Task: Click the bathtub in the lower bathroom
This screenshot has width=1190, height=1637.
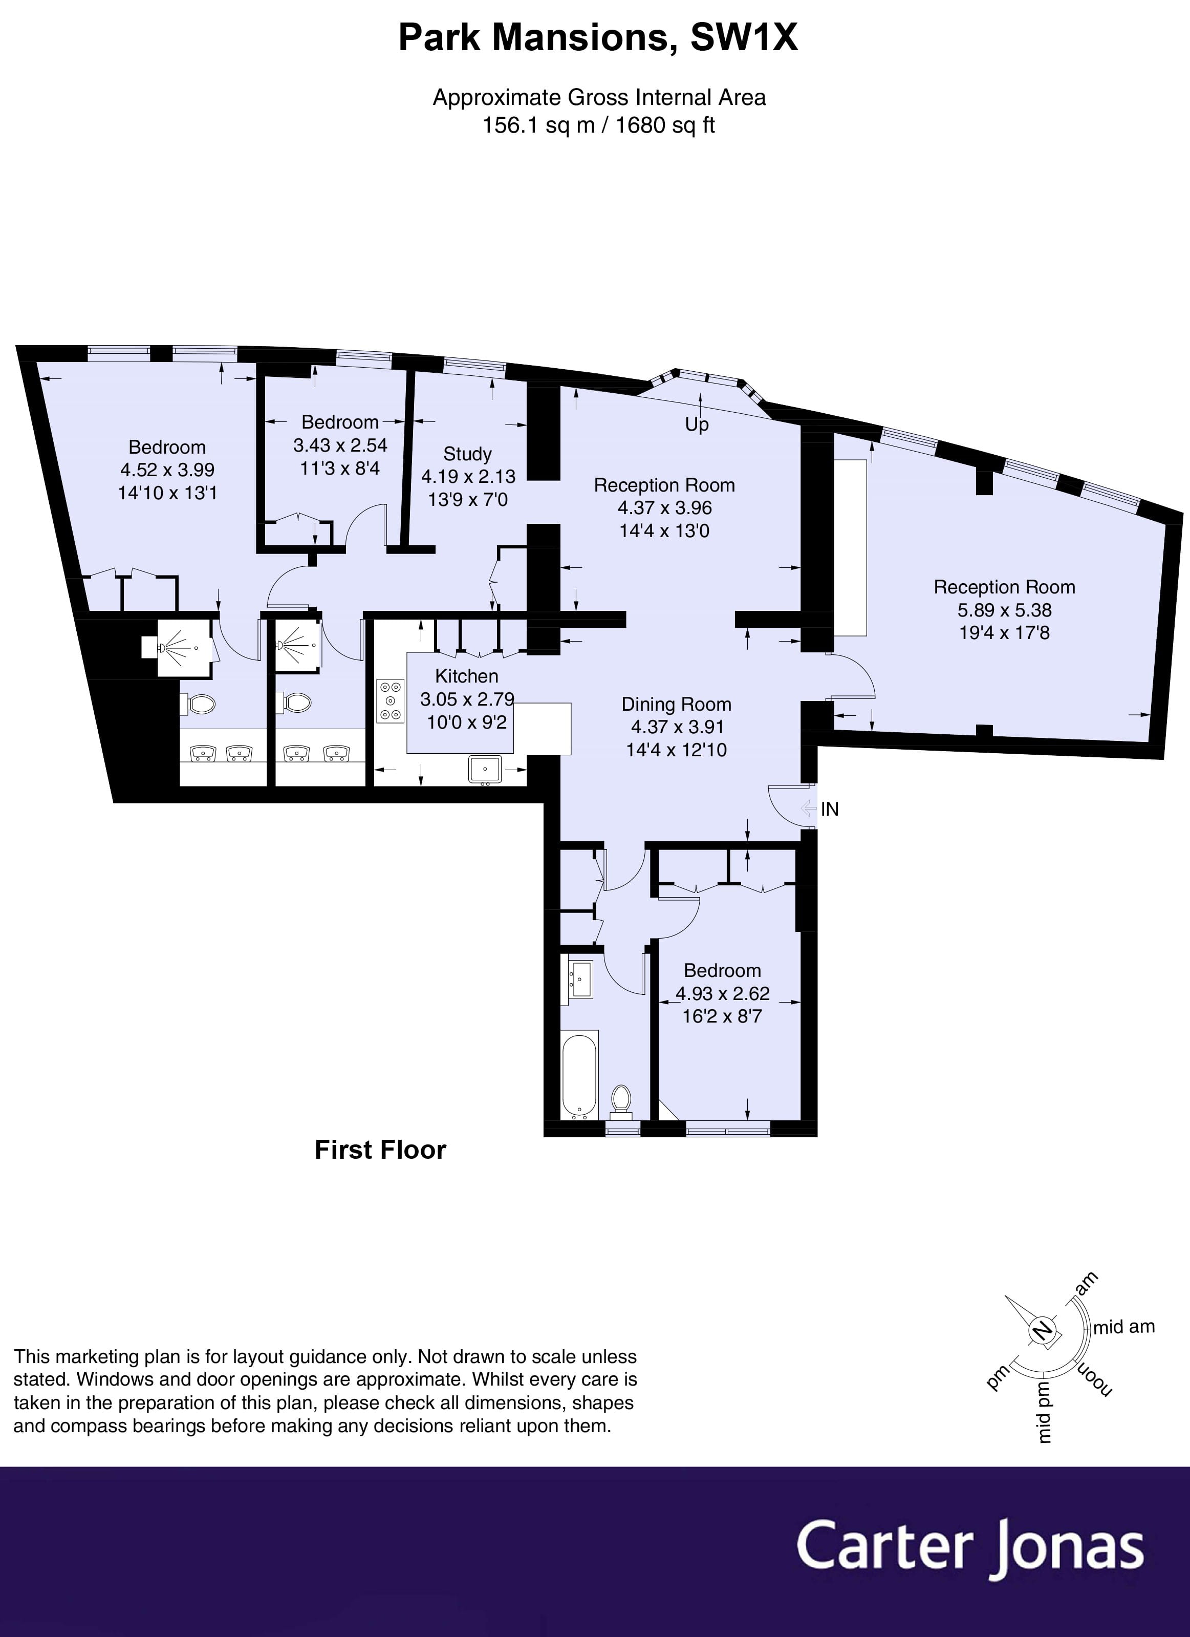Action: [x=579, y=1075]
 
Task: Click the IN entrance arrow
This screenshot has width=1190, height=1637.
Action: [x=810, y=809]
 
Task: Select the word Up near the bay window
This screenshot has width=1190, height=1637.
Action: [x=697, y=424]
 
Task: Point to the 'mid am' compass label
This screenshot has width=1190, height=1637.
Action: [x=1124, y=1327]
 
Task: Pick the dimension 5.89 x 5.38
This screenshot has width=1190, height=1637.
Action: [x=1005, y=609]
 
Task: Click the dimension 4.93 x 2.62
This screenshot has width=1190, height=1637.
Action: [x=722, y=993]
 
